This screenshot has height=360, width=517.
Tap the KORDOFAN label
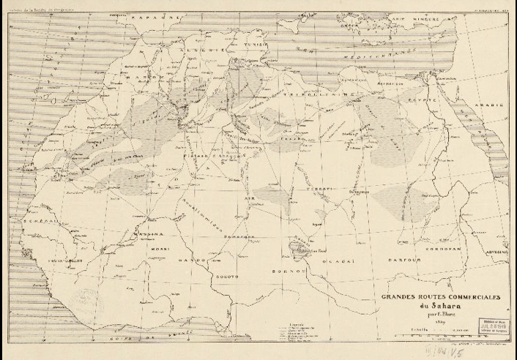463,249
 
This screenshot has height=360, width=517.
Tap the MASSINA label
137,234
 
